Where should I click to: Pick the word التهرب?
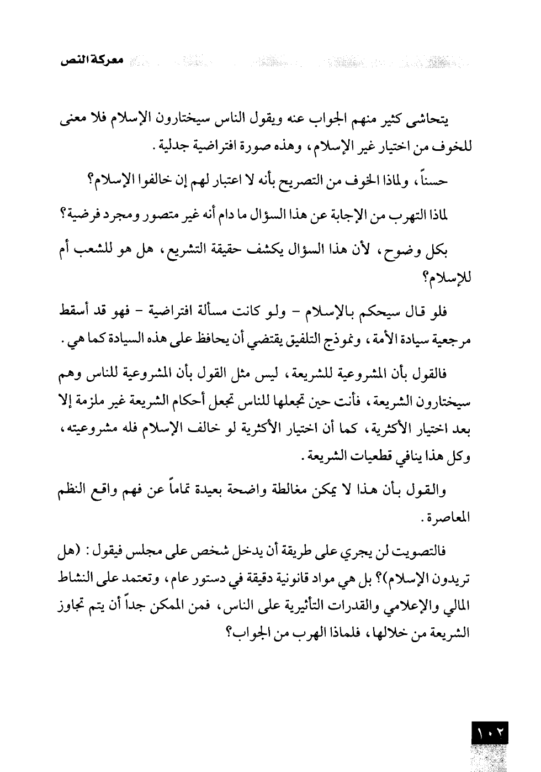(413, 215)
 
